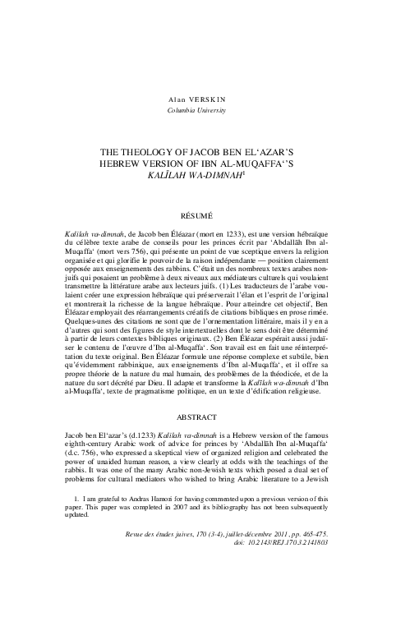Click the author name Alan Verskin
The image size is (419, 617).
point(209,97)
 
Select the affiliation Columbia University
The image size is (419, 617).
point(209,109)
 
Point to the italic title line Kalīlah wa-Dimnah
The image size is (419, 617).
point(209,176)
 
